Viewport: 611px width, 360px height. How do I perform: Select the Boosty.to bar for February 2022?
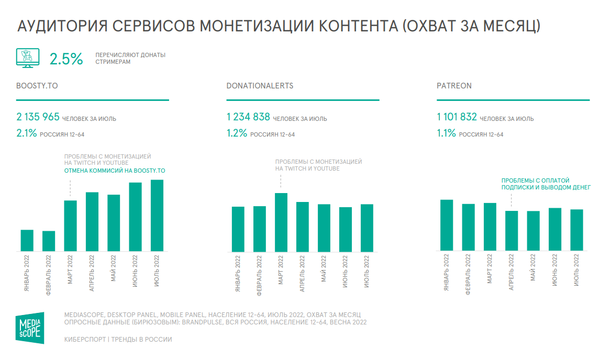(x=49, y=242)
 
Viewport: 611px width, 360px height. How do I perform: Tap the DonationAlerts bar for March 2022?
(x=281, y=223)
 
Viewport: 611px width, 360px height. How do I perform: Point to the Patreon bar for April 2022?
(x=512, y=231)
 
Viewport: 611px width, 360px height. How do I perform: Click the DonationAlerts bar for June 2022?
(x=346, y=230)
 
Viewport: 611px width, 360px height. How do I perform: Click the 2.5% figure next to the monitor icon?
(x=66, y=59)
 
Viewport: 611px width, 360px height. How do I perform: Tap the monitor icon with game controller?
(x=26, y=58)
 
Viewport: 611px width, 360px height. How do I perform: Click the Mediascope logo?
(x=30, y=328)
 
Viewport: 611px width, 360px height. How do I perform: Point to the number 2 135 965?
(x=38, y=117)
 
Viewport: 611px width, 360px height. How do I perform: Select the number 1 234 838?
(x=248, y=117)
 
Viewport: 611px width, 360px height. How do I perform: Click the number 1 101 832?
(x=457, y=117)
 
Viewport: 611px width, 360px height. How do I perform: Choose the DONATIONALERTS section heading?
(x=260, y=86)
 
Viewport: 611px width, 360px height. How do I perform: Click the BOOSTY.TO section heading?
(x=37, y=86)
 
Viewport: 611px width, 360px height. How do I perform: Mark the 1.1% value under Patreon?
(x=447, y=133)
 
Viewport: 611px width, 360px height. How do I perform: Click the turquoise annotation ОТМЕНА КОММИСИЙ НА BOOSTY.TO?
(x=114, y=171)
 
